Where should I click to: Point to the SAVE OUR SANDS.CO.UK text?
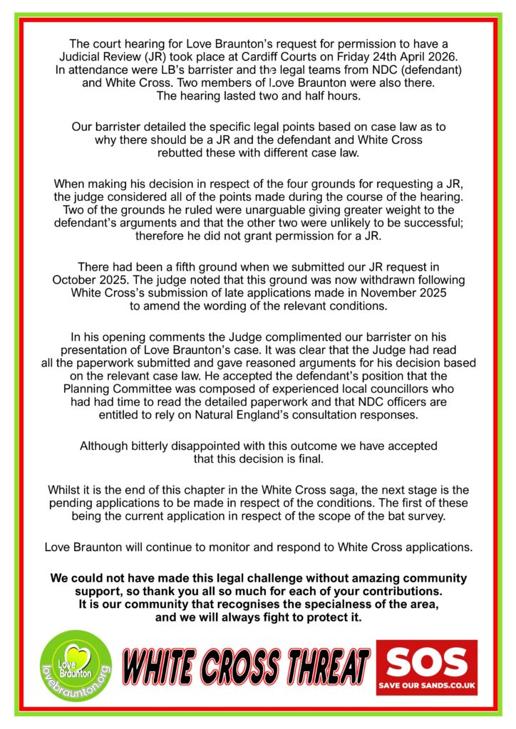tap(426, 688)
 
